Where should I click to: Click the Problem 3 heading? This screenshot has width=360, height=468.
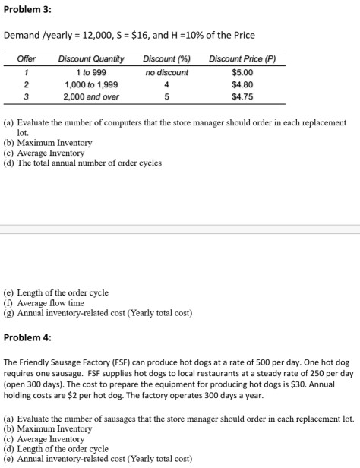coord(27,11)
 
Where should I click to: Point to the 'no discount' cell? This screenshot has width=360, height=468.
coord(166,72)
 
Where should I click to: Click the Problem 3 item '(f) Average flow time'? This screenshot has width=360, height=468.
coord(49,302)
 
